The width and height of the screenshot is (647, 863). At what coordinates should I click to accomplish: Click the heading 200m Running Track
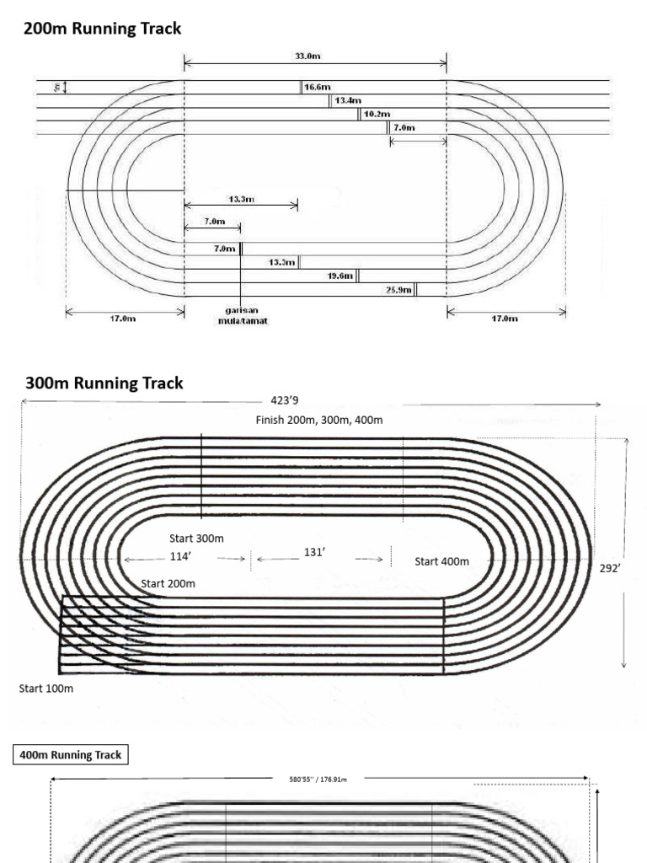(102, 29)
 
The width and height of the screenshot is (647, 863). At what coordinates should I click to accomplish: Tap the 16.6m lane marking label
(318, 87)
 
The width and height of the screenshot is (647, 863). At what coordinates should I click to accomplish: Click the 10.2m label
(377, 114)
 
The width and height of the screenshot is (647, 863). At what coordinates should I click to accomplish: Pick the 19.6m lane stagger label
(340, 276)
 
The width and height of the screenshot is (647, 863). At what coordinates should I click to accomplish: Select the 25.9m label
(398, 290)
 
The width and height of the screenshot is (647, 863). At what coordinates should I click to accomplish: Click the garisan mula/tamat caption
(242, 316)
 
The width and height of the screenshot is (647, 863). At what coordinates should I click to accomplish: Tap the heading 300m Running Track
(104, 383)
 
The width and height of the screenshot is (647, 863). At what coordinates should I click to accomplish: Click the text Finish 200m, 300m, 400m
(319, 420)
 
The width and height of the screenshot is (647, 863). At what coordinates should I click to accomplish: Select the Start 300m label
(196, 539)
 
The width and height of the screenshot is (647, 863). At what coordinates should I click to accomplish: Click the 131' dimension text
(314, 552)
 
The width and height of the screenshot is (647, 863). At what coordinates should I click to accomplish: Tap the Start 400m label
(441, 561)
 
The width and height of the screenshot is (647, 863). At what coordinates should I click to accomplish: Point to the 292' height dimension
(610, 568)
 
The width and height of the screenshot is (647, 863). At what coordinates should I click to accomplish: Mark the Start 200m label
(168, 583)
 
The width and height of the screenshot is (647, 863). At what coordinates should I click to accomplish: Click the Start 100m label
(46, 689)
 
